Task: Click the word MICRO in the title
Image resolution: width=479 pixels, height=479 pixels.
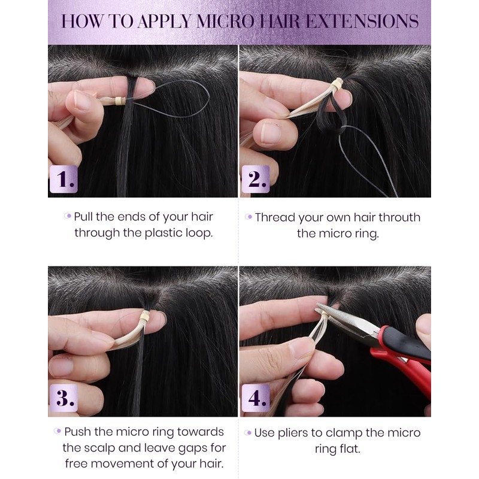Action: tap(225, 22)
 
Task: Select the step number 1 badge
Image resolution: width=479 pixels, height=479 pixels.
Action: tap(63, 179)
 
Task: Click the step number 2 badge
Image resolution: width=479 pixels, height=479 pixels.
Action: tap(256, 179)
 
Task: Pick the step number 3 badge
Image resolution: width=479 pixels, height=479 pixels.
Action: tap(63, 398)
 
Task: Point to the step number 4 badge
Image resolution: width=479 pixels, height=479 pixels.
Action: tap(256, 398)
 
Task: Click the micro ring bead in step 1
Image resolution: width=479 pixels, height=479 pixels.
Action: tap(120, 101)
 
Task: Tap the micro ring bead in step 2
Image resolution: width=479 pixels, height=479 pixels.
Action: tap(338, 83)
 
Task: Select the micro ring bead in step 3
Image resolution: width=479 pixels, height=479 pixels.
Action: tap(145, 316)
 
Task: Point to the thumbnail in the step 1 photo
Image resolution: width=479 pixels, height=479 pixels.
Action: tap(81, 102)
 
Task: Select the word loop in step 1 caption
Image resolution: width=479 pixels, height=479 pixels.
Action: tap(199, 234)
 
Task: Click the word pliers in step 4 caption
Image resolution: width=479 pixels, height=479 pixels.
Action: tap(293, 433)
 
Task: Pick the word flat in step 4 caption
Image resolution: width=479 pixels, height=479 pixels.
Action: tap(350, 449)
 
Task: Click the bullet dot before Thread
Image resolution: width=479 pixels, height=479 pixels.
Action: tap(248, 217)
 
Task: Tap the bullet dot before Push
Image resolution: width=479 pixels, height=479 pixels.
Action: tap(57, 431)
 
